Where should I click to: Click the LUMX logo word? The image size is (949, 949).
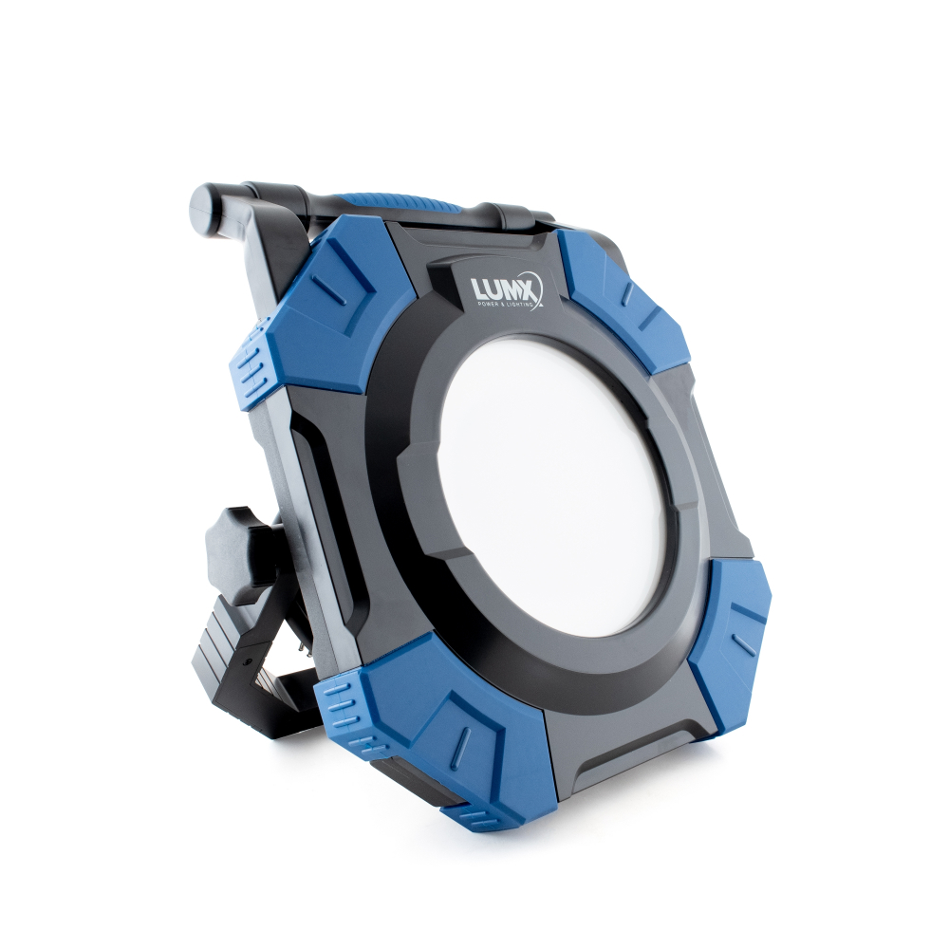click(x=502, y=288)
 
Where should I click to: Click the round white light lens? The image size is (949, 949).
click(x=554, y=485)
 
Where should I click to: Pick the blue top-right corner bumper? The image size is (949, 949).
click(x=624, y=296)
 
